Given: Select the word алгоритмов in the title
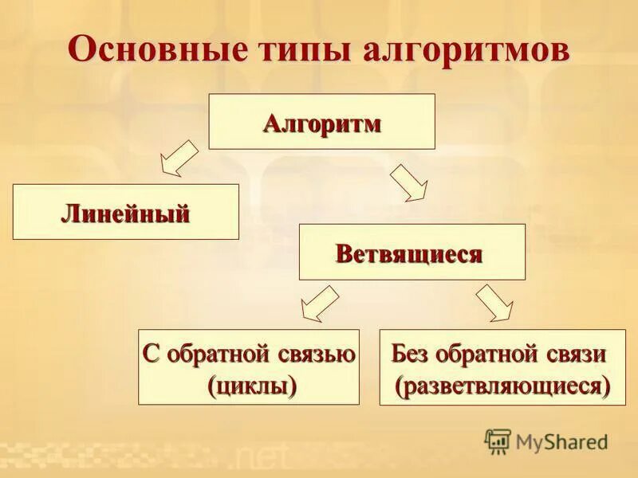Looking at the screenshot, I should (462, 50).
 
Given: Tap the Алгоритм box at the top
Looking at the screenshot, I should (321, 122).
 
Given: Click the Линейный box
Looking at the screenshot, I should (125, 212).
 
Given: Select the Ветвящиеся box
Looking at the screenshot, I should (412, 252).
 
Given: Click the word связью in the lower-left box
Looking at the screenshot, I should (319, 354).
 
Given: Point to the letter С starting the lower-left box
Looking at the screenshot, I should (150, 354).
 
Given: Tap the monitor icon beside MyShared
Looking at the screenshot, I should (498, 441).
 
